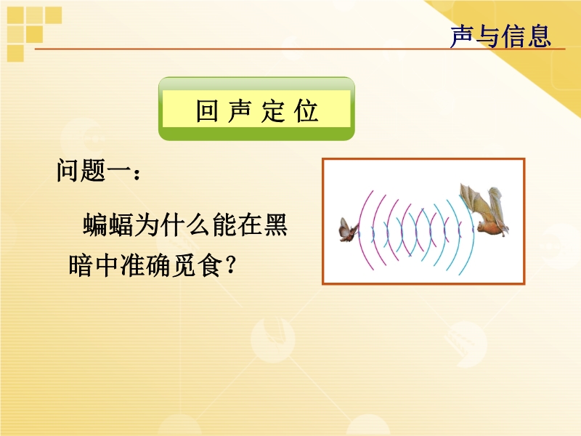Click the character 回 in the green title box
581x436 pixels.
(x=207, y=110)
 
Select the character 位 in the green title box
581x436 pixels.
(x=306, y=110)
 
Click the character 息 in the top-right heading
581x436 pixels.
(x=539, y=36)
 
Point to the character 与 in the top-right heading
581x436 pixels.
(x=487, y=36)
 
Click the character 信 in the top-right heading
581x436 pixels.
(x=513, y=36)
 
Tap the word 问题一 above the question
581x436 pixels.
(x=94, y=171)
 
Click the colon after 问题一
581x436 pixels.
(x=137, y=174)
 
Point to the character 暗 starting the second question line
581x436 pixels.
(x=81, y=265)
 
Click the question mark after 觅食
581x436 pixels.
(x=230, y=265)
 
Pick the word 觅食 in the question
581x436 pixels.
(x=197, y=265)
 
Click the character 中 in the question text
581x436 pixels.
(x=107, y=265)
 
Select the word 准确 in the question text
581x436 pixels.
(x=146, y=265)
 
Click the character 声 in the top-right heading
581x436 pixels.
(x=462, y=36)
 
